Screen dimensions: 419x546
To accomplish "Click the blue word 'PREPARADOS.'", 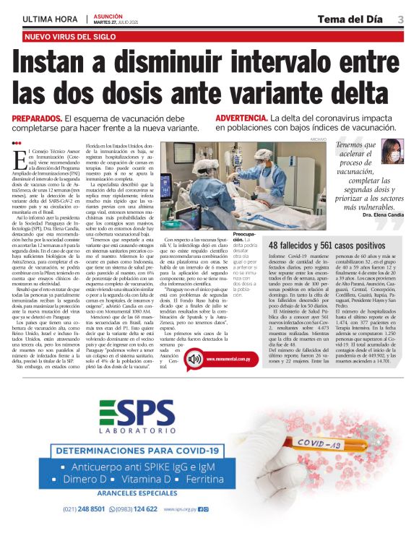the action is [x=36, y=118].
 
